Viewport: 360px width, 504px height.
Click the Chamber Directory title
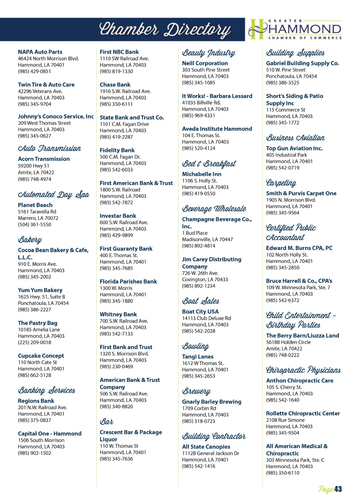click(x=165, y=30)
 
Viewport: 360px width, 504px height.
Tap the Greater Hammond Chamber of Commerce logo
click(x=295, y=29)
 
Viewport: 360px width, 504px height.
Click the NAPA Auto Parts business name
click(x=40, y=52)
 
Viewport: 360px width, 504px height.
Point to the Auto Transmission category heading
click(x=50, y=148)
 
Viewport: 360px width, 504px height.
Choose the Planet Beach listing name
click(x=35, y=205)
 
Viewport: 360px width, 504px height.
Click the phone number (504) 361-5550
click(x=34, y=224)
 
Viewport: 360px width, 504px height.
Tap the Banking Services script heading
click(x=47, y=390)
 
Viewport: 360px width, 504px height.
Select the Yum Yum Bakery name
click(x=40, y=290)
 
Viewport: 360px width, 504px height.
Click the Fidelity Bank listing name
click(x=117, y=150)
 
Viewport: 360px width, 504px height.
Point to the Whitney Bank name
click(x=118, y=314)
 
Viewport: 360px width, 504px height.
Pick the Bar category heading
click(x=107, y=421)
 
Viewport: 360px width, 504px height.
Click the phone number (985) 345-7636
click(x=116, y=459)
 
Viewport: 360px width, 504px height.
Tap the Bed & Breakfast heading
click(x=209, y=164)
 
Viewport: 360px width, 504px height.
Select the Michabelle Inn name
click(x=202, y=174)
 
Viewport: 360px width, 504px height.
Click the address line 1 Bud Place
click(x=195, y=233)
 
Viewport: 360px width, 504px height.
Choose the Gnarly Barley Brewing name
click(x=212, y=402)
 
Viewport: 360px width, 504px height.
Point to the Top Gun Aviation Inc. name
click(x=294, y=148)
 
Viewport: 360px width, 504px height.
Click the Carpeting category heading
click(x=281, y=183)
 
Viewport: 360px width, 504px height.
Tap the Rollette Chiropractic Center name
click(x=303, y=414)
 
